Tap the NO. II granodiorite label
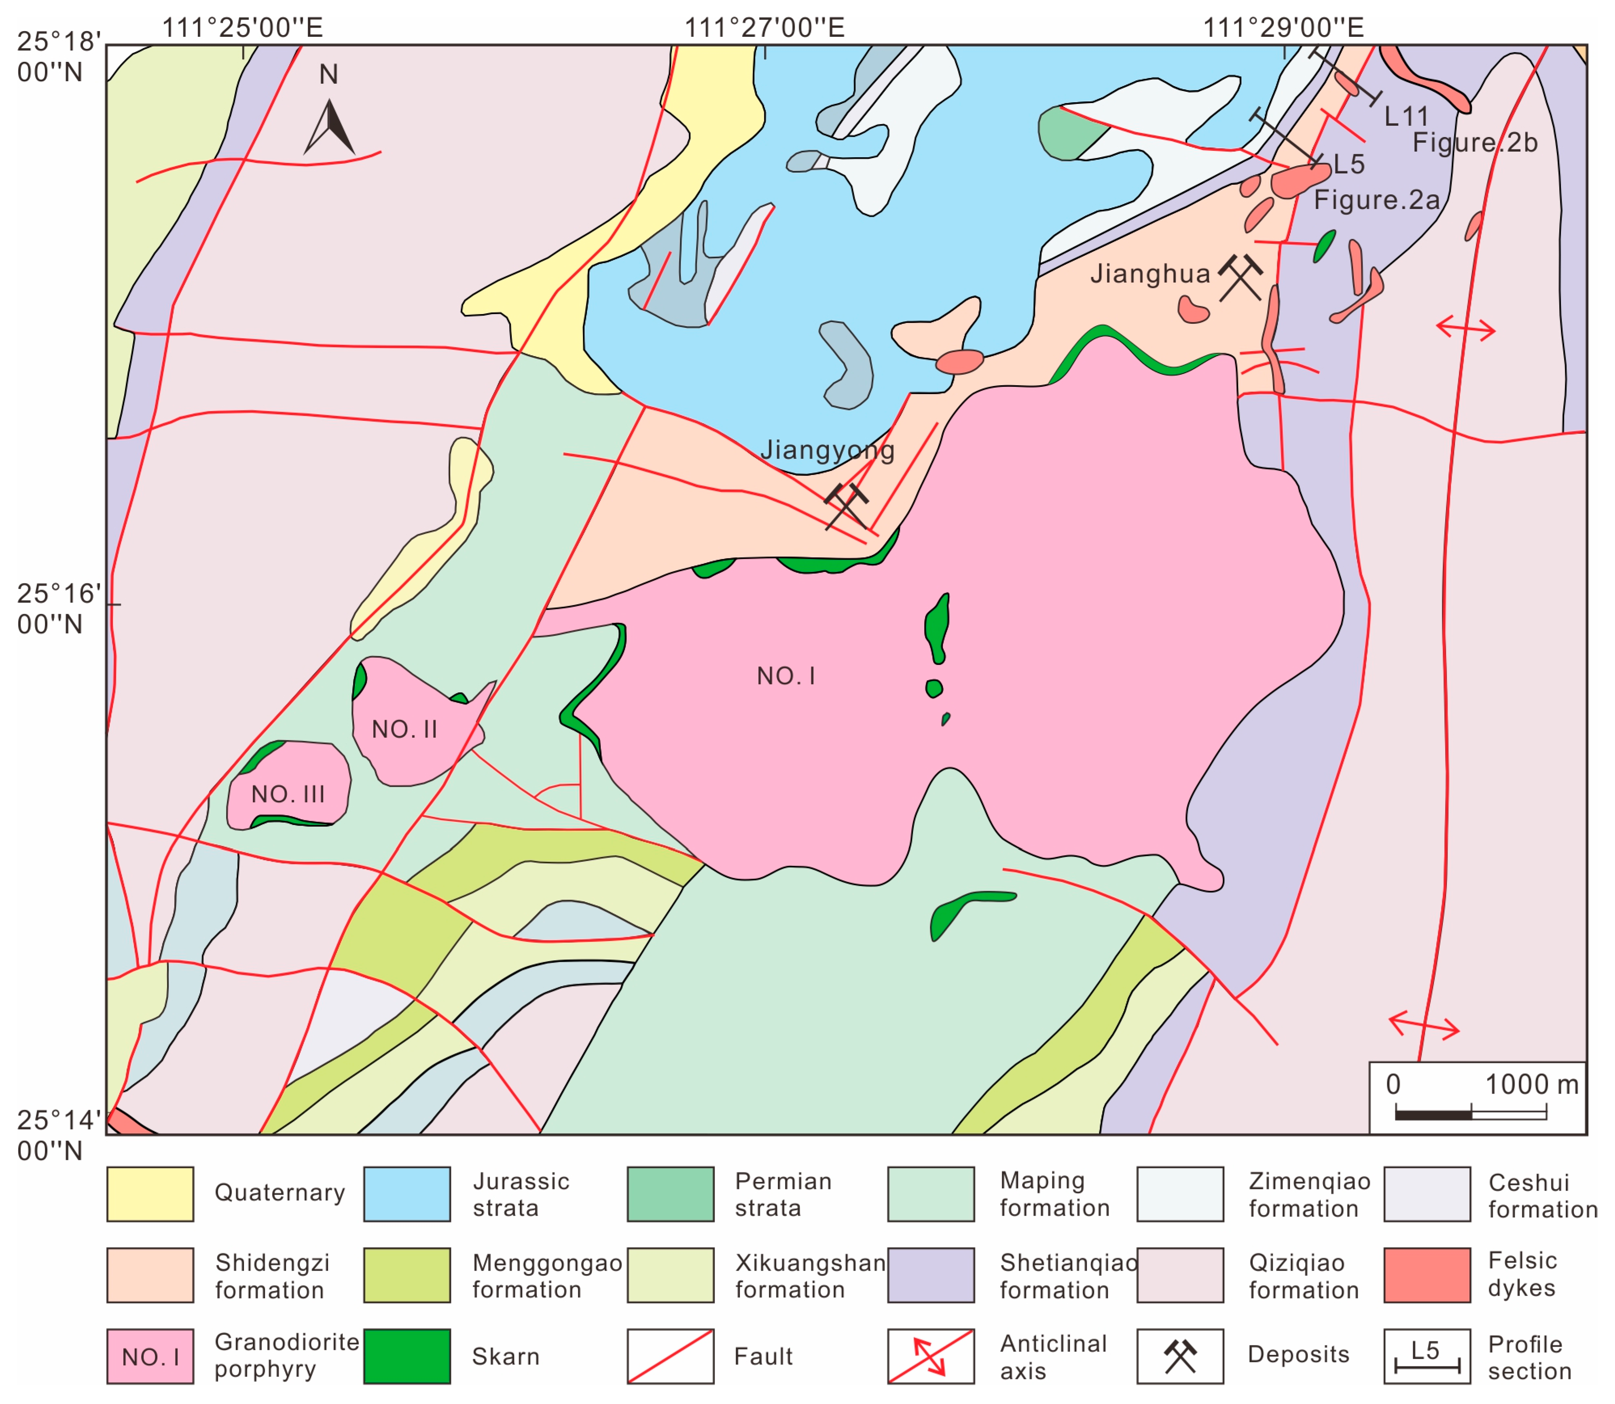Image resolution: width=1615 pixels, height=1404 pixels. pyautogui.click(x=404, y=729)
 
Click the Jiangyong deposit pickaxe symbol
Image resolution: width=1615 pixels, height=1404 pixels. pyautogui.click(x=846, y=505)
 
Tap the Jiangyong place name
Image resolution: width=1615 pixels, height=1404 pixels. pyautogui.click(x=827, y=451)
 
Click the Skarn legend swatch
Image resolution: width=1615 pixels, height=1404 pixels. pyautogui.click(x=407, y=1356)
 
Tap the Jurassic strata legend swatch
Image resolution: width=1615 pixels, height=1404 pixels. pyautogui.click(x=407, y=1194)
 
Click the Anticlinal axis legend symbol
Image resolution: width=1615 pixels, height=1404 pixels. pyautogui.click(x=931, y=1356)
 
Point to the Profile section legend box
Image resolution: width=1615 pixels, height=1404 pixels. pyautogui.click(x=1427, y=1356)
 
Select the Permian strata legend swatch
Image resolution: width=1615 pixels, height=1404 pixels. pyautogui.click(x=670, y=1194)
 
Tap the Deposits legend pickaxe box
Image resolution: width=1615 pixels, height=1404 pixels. pyautogui.click(x=1180, y=1356)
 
